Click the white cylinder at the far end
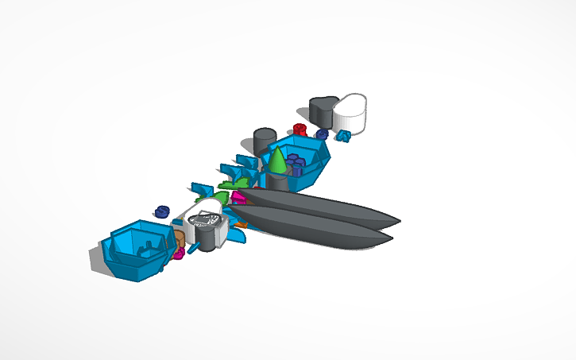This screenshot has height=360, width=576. click(x=350, y=113)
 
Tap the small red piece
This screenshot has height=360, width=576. click(x=300, y=129)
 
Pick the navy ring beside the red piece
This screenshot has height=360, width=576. click(x=322, y=134)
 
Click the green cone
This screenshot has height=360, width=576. click(x=277, y=161)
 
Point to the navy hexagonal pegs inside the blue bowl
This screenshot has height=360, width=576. click(x=296, y=165)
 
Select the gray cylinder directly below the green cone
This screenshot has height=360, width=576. click(x=276, y=182)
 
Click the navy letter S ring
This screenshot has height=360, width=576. click(x=162, y=211)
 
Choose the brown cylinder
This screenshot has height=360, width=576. click(x=180, y=238)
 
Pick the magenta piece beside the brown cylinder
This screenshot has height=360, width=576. click(x=180, y=253)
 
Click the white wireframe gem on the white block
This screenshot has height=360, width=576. click(x=208, y=220)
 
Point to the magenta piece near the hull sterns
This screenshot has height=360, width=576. click(x=238, y=198)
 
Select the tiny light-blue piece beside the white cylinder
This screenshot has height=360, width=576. click(x=343, y=136)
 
